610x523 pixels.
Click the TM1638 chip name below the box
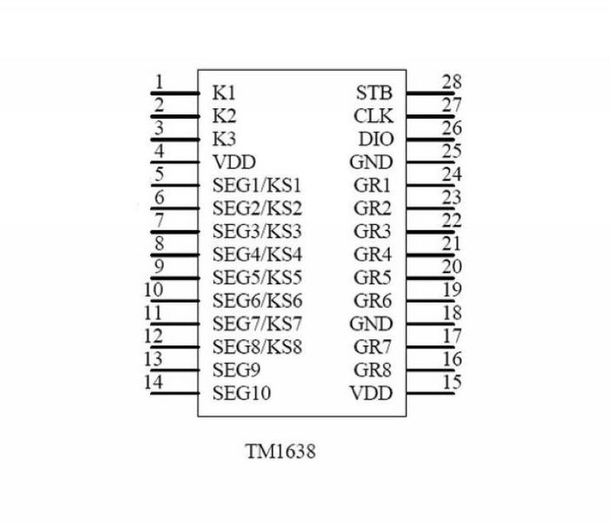281,451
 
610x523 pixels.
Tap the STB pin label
374,93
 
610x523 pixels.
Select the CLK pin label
374,116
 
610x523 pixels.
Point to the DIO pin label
376,140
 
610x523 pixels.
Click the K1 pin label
224,93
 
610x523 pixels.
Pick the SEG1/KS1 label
257,185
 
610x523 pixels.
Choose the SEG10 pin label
242,393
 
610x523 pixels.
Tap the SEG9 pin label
236,370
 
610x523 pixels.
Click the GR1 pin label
372,185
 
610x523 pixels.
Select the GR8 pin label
372,370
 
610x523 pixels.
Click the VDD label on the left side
234,162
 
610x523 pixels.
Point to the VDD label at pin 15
371,393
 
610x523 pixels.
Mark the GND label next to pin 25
371,162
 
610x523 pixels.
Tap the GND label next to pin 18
371,323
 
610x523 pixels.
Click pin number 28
451,82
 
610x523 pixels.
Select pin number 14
153,382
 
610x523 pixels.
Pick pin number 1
159,82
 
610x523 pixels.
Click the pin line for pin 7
175,232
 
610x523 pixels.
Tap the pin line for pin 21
430,255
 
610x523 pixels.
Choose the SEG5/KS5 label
257,278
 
